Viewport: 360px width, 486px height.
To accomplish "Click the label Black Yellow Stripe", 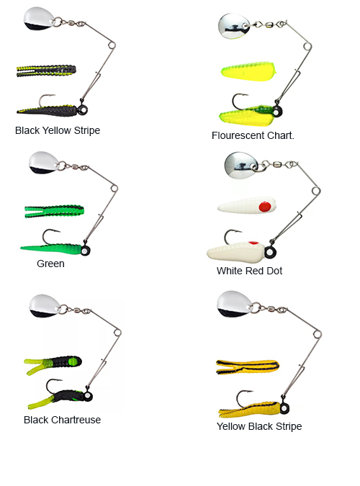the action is [58, 130].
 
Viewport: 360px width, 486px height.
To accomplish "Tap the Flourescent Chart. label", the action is [253, 135].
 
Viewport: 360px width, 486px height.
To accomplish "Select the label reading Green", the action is [50, 264].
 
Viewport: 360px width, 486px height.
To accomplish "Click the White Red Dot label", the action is [249, 271].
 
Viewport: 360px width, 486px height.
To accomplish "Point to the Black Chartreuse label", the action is [63, 420].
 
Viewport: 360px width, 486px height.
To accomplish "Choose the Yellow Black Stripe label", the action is [259, 426].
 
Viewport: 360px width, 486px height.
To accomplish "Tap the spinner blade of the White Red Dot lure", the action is [241, 166].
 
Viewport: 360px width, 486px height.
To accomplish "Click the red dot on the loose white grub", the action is [265, 206].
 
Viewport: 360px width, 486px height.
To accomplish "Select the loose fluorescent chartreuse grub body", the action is [248, 71].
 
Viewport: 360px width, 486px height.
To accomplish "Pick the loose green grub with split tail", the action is [54, 212].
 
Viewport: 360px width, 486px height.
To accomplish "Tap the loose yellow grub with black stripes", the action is [247, 366].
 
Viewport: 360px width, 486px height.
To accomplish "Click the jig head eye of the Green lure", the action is [85, 250].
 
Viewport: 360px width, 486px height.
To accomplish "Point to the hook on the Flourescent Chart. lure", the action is [239, 101].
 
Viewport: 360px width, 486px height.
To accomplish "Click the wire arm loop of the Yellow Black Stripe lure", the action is [317, 334].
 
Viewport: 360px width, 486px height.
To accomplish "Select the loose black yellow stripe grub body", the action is [46, 71].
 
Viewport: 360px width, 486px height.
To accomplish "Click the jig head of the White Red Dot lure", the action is [270, 252].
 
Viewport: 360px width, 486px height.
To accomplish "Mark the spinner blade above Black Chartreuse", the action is [45, 306].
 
